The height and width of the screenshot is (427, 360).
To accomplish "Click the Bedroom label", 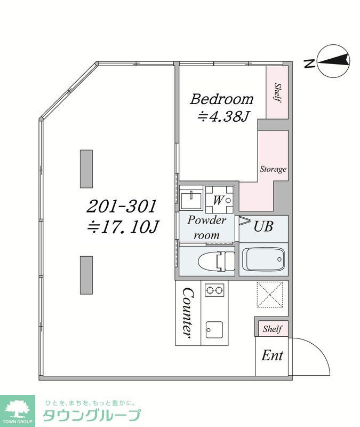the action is pos(221,99).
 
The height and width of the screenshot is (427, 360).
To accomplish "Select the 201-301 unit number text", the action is pos(122,206).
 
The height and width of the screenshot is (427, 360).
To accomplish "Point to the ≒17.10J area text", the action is pos(123,227).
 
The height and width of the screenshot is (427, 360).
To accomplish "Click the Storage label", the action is pos(273,169).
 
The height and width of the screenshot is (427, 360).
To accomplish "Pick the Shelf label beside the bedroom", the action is pos(277,92).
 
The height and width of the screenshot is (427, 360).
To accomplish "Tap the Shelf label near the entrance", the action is pos(272,329).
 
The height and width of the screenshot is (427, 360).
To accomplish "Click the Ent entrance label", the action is pos(272,355).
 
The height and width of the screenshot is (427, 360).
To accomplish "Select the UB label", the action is pos(263,226).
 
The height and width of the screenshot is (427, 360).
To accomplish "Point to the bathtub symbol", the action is pos(263,259).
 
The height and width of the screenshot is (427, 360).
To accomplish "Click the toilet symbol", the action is pos(217,261).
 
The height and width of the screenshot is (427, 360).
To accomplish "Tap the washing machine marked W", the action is pos(219,200).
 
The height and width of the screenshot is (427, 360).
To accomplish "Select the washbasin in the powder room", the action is pos(191,198).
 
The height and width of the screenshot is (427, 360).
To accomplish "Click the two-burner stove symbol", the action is pos(214,290).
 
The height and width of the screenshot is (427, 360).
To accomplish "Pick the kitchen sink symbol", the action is pos(214,330).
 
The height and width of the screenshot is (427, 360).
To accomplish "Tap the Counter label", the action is pos(188,313).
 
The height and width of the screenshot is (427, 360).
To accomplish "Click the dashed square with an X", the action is pos(270,295).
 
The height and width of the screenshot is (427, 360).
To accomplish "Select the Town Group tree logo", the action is pos(18,411).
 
